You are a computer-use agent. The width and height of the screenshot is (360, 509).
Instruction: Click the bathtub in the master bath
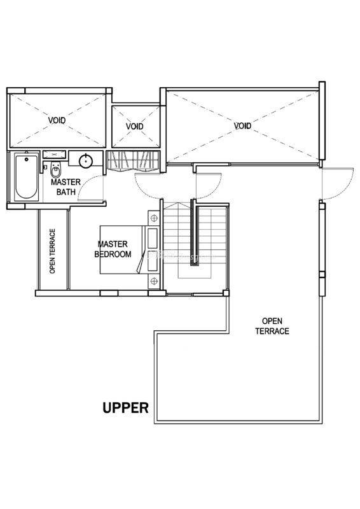26,178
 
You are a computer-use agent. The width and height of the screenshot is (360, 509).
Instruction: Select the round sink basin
86,161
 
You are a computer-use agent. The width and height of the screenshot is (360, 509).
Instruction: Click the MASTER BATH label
66,186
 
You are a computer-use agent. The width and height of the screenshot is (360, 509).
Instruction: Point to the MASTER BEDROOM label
113,249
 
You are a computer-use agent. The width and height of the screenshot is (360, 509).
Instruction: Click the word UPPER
126,408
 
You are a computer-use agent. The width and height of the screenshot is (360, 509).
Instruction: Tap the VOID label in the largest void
242,125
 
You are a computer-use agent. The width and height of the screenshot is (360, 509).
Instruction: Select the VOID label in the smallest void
135,126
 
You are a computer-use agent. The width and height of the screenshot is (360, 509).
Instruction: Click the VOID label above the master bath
57,120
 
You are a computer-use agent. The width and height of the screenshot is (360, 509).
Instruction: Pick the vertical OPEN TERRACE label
52,251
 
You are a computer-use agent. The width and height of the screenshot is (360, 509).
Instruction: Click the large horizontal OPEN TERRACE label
272,326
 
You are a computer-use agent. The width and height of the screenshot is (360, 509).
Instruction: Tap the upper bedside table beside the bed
154,218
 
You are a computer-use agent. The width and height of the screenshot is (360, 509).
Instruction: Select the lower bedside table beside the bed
154,281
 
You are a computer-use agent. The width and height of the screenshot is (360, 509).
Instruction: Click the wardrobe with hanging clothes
134,161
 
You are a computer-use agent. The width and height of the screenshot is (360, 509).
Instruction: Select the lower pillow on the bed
153,261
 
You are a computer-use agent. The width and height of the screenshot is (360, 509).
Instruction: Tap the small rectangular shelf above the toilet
55,154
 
